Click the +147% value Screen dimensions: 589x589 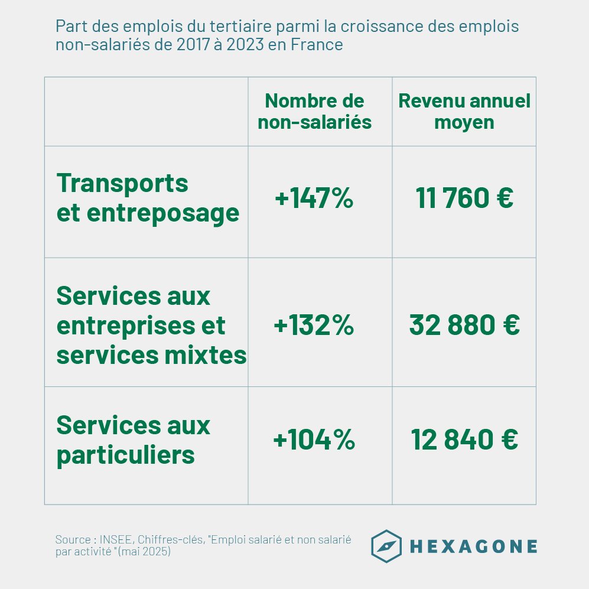coord(314,198)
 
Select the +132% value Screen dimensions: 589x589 coord(314,326)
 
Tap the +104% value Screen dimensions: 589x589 coord(314,440)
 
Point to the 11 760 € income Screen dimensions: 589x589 coord(464,198)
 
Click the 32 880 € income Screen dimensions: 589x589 coord(464,326)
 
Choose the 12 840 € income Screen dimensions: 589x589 coord(464,440)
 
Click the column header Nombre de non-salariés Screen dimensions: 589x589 coord(314,111)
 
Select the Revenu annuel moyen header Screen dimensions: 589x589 coord(464,111)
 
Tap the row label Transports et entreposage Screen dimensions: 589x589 coord(148,198)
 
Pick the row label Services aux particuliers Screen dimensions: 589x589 coord(133,440)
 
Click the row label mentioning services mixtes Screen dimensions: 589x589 coord(151,326)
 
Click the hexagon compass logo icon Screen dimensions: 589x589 coord(386,546)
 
